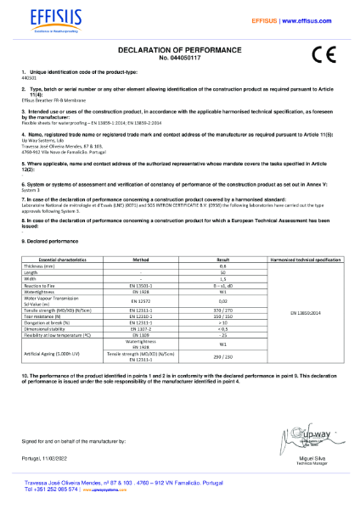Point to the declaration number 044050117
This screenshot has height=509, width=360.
click(179, 58)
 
